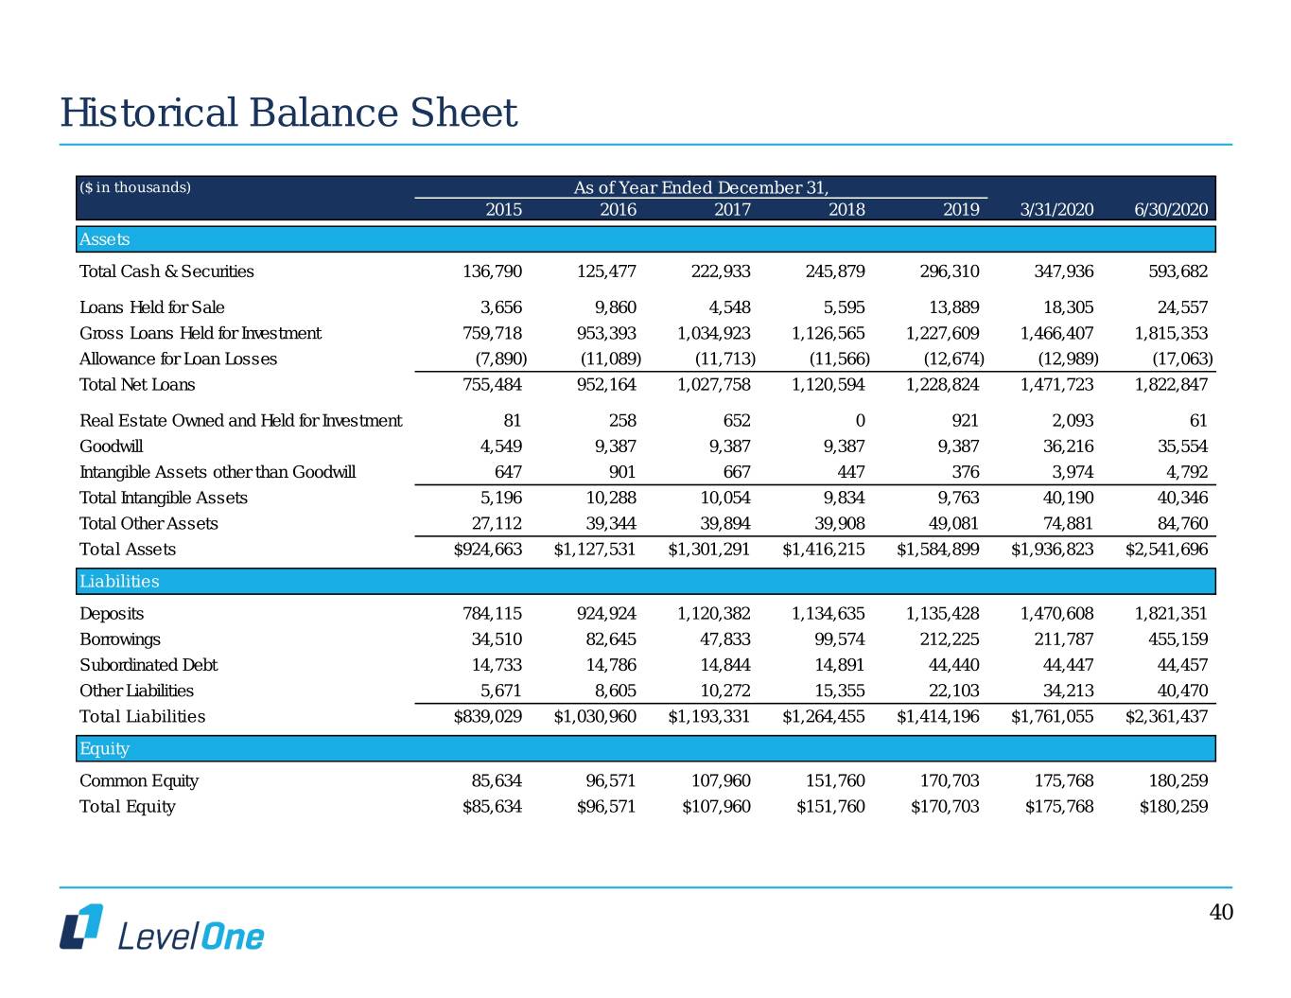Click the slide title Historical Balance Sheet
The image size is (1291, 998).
[288, 114]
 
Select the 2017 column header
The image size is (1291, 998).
[732, 209]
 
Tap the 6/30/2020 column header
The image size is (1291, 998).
[1171, 209]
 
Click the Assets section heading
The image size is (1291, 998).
[105, 239]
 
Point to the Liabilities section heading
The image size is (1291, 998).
[119, 581]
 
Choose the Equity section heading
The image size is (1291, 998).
[104, 748]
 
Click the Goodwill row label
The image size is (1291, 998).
[112, 446]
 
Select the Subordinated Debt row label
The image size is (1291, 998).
[148, 665]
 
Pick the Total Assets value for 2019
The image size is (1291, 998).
[937, 549]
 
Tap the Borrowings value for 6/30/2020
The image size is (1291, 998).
[1171, 639]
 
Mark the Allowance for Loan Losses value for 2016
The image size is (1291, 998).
[611, 359]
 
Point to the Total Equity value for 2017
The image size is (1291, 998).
[716, 806]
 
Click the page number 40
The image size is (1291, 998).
[1221, 912]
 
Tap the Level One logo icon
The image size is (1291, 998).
[81, 926]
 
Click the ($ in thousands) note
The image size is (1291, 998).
[135, 187]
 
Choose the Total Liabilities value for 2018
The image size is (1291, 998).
[823, 716]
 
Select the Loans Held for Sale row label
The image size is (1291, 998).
[152, 307]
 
